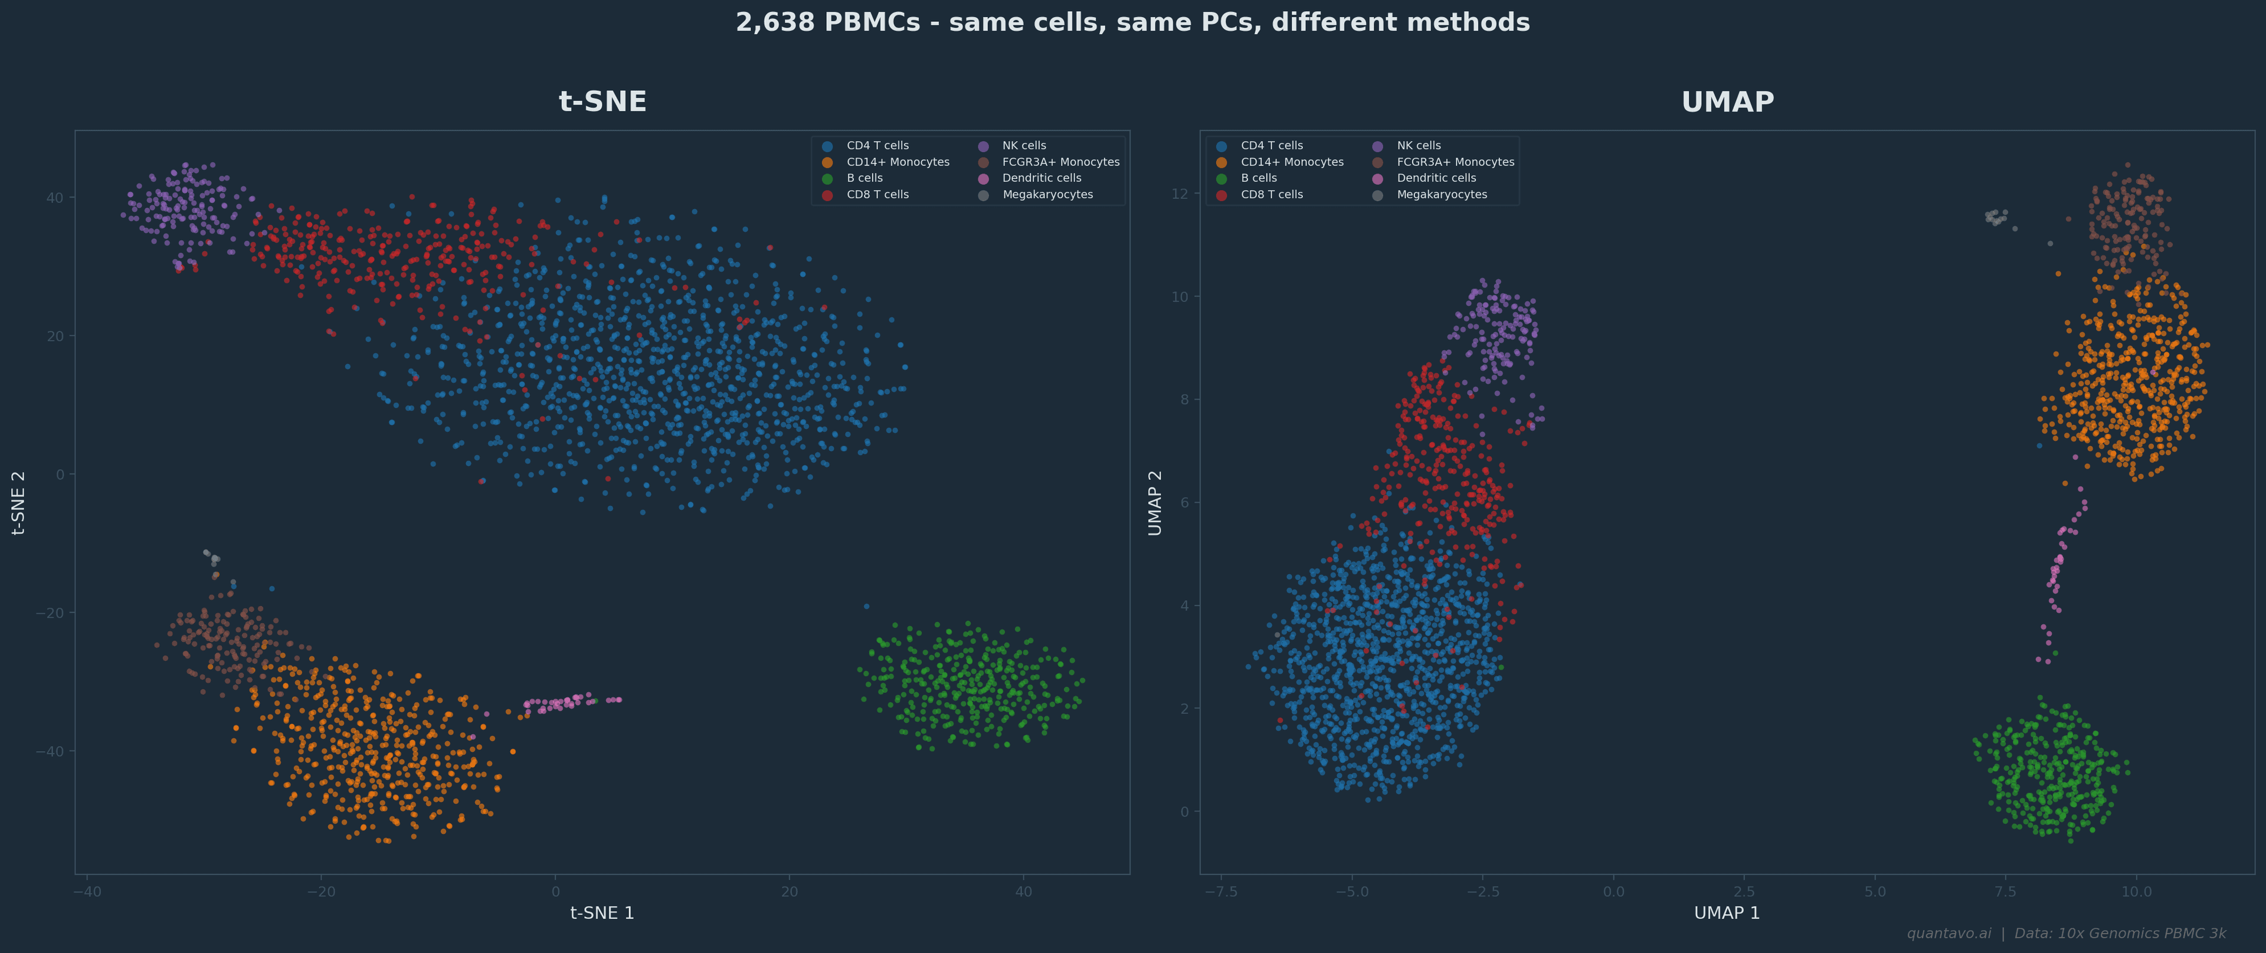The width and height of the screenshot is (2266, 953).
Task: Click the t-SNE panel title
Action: click(x=602, y=102)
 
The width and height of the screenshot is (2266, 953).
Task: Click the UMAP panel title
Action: click(x=1727, y=102)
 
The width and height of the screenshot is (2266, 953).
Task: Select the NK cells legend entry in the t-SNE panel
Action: click(x=1024, y=146)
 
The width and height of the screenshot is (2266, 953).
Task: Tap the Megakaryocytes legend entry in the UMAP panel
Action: click(x=1441, y=195)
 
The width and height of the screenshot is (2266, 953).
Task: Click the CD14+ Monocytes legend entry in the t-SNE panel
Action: click(x=897, y=162)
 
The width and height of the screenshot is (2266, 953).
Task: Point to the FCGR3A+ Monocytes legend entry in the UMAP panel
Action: click(x=1455, y=162)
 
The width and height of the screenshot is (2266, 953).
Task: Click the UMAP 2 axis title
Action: click(x=1155, y=502)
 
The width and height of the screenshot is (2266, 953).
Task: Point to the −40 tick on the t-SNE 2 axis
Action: click(x=49, y=752)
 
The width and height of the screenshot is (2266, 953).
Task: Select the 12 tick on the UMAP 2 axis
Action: click(x=1179, y=194)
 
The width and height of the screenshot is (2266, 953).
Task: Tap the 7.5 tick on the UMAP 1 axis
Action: click(x=2006, y=892)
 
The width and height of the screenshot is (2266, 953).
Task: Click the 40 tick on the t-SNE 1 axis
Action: click(x=1023, y=892)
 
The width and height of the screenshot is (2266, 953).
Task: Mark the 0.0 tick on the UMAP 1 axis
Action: click(x=1613, y=892)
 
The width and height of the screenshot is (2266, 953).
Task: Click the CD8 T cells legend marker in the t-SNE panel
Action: click(x=827, y=195)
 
